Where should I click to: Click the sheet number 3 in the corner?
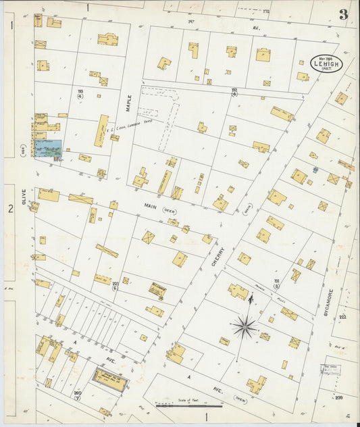(x=343, y=15)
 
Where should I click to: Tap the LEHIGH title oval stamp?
(x=327, y=63)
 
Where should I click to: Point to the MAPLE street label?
(x=126, y=103)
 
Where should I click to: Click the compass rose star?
(x=244, y=328)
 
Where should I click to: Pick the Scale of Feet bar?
(x=188, y=405)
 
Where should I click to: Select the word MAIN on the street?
(x=151, y=203)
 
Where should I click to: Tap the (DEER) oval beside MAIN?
(x=170, y=210)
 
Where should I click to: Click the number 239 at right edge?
(x=338, y=397)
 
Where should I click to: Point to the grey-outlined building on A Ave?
(x=109, y=380)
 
